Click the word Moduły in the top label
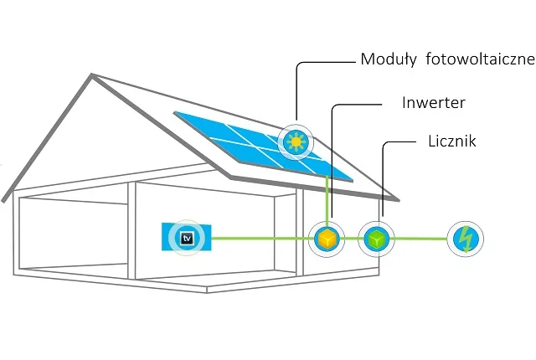(388, 60)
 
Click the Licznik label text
(446, 141)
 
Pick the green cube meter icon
(375, 239)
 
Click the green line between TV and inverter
(260, 239)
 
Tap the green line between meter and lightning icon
(419, 239)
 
